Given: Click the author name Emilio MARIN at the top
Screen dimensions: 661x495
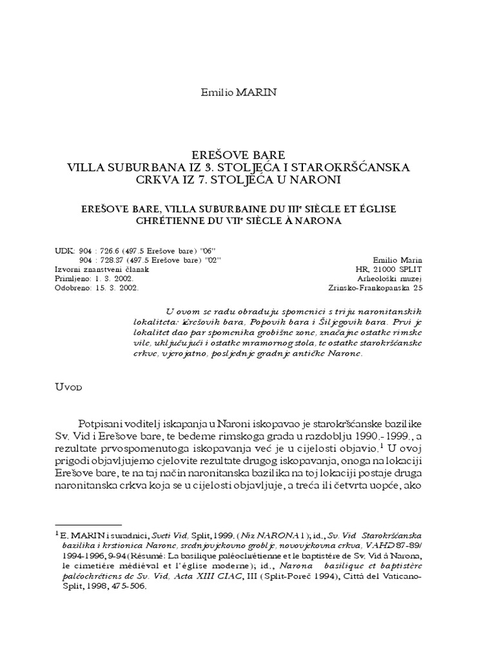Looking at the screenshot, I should (239, 93).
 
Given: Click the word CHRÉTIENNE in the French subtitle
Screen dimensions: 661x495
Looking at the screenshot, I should (173, 220).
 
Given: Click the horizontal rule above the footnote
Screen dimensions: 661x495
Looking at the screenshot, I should (88, 525).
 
